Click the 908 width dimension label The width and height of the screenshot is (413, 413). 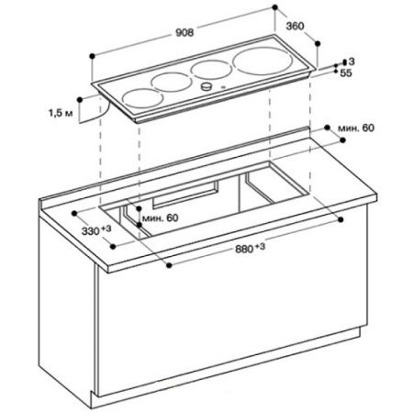tap(184, 28)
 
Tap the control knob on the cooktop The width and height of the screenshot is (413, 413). tap(207, 86)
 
